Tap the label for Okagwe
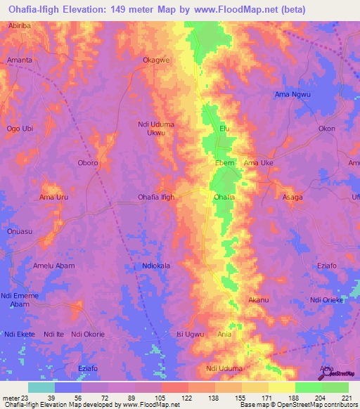click(x=156, y=60)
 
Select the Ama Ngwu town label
click(x=292, y=95)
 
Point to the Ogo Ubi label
click(x=20, y=129)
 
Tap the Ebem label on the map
click(x=224, y=163)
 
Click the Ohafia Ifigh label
click(x=156, y=197)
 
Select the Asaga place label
click(x=292, y=197)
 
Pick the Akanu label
click(x=259, y=300)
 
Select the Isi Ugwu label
click(x=190, y=334)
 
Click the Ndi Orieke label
click(x=326, y=300)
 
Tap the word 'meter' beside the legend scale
click(x=11, y=398)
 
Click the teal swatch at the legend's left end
click(x=41, y=387)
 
